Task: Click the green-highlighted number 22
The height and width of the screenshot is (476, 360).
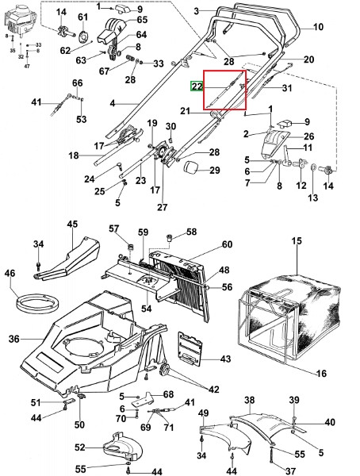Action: point(197,86)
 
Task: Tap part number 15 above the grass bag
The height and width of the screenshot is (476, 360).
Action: point(297,241)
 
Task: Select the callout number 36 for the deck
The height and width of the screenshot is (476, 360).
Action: point(14,339)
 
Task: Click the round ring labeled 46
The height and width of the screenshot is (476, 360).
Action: point(37,302)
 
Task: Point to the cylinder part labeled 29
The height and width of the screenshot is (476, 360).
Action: point(192,168)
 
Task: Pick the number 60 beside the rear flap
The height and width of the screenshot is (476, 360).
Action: point(227,244)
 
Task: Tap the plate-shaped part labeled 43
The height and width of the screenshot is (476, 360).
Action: point(190,347)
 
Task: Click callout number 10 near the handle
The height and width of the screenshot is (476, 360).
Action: point(318,27)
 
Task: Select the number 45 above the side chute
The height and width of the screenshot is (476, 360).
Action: point(72,224)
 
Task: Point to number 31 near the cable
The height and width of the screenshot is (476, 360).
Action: point(286,88)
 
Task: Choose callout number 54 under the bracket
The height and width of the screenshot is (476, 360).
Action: point(146,309)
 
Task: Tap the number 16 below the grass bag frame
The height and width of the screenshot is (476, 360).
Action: point(321,373)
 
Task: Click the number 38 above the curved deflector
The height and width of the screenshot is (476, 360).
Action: point(249,400)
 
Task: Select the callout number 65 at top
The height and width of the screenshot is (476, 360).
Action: point(142,19)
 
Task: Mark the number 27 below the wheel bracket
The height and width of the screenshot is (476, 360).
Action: point(163,207)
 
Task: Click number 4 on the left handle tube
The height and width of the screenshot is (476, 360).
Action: point(113,103)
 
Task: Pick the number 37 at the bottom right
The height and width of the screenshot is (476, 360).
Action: point(290,470)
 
